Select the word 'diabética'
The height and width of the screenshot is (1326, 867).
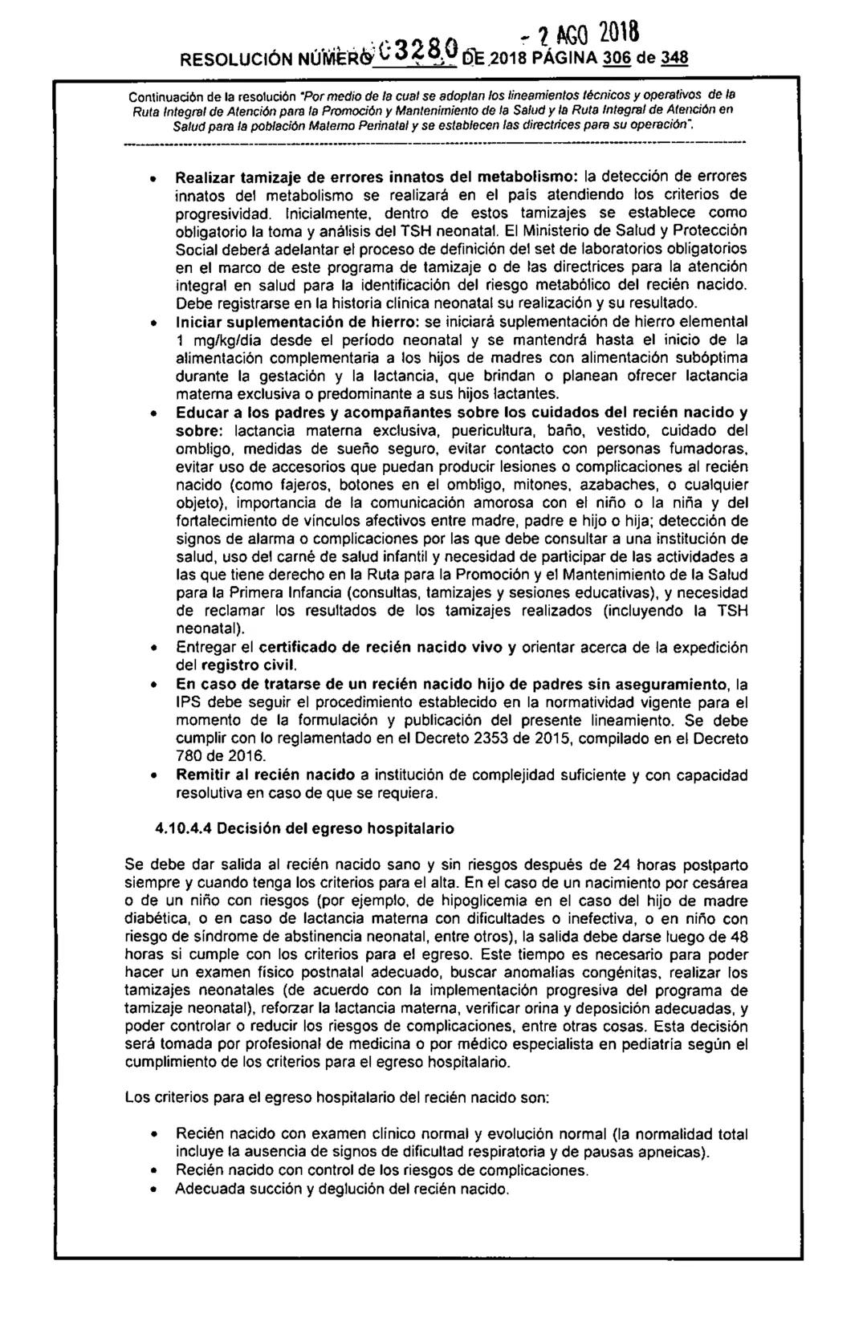153,917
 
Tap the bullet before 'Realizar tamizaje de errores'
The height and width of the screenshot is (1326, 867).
155,176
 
